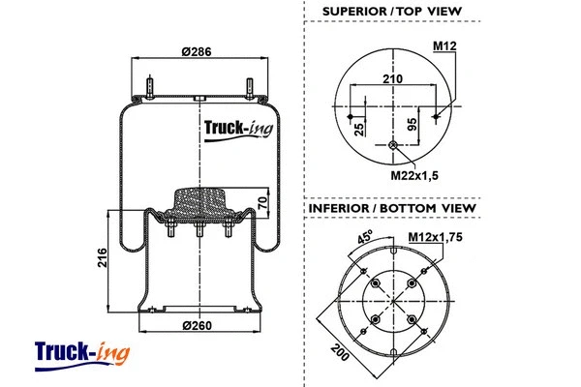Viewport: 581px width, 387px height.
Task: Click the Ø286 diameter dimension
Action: click(197, 51)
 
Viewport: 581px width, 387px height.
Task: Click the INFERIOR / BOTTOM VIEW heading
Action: click(391, 208)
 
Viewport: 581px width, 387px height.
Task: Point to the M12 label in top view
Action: click(444, 46)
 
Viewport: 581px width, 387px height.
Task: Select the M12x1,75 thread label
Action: click(433, 237)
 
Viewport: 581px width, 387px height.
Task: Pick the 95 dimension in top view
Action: click(412, 122)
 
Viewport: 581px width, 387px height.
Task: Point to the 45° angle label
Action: click(366, 237)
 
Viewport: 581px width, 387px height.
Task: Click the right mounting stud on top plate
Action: click(250, 86)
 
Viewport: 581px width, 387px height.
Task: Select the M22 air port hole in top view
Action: click(392, 146)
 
